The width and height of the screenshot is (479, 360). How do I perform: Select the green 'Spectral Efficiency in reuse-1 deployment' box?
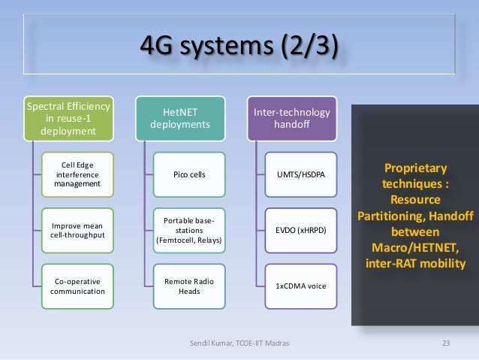(x=70, y=119)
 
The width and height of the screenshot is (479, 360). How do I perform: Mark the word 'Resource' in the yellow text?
(x=414, y=200)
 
